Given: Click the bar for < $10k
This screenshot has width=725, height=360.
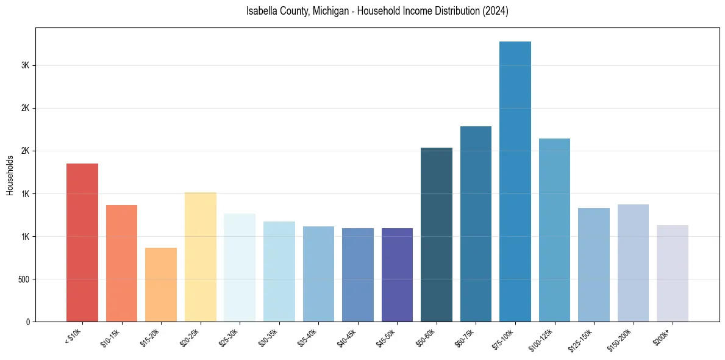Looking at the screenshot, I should coord(82,242).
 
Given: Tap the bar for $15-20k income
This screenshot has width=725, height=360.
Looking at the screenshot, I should coord(161,284).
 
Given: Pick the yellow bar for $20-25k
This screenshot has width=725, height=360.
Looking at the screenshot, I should coord(200,257).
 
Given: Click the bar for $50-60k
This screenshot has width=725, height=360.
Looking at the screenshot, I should coord(437,234).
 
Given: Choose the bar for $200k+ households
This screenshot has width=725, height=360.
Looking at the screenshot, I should coord(672,273).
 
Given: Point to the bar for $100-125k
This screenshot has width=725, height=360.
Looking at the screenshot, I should coord(554,230).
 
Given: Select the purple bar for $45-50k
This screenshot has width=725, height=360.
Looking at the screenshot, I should coord(397,275).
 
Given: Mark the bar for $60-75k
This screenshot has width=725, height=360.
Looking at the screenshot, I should coord(476,224).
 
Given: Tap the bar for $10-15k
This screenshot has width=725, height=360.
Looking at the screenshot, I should coord(121,263).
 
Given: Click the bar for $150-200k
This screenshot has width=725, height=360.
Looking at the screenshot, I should coord(633,263).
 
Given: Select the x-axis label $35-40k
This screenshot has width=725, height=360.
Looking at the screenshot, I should coord(308,338).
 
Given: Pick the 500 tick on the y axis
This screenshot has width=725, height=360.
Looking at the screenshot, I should coord(23,279).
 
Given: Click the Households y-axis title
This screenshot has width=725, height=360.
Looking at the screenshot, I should coord(10,175).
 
